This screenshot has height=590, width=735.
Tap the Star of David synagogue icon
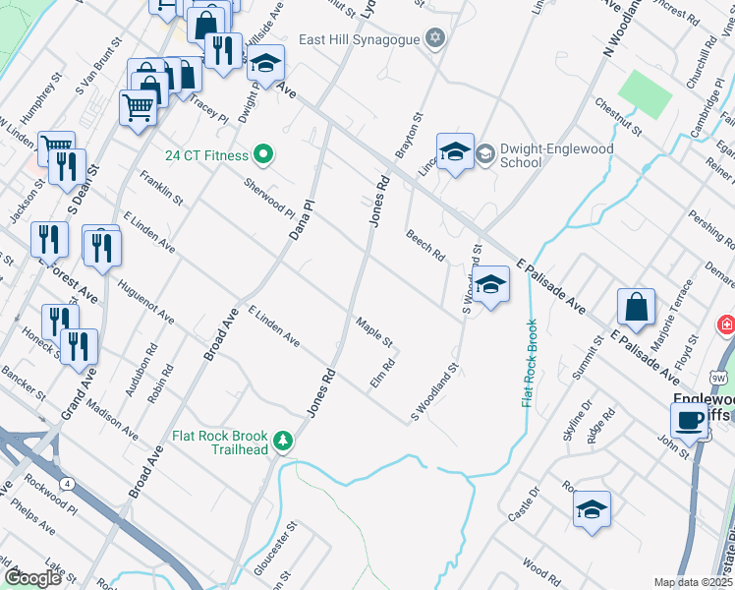[435, 39]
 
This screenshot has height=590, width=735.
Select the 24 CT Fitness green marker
[262, 154]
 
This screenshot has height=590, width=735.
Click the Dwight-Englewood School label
[556, 155]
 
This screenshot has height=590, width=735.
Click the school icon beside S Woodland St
[493, 284]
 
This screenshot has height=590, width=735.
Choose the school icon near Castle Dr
[592, 509]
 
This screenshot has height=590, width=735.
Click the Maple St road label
[374, 333]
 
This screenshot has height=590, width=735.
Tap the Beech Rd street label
[425, 245]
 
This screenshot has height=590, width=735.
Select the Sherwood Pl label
[269, 198]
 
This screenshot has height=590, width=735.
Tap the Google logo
[31, 578]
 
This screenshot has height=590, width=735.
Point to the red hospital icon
[727, 324]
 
